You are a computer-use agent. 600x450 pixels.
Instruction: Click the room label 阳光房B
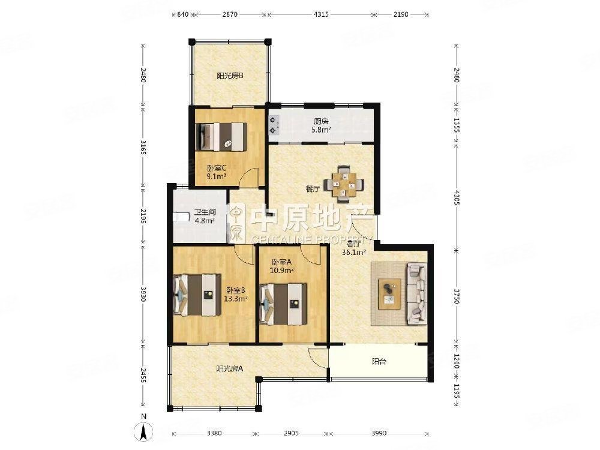click(229, 76)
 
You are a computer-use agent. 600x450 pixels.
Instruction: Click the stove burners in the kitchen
click(274, 124)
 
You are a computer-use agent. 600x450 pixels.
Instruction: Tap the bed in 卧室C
click(223, 137)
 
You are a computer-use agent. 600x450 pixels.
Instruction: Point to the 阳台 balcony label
click(379, 361)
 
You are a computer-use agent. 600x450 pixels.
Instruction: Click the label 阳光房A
click(229, 369)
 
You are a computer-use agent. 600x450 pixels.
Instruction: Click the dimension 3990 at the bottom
click(378, 433)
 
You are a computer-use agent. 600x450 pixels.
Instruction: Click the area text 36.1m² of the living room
click(353, 253)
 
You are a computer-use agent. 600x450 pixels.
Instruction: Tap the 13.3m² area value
click(236, 298)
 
